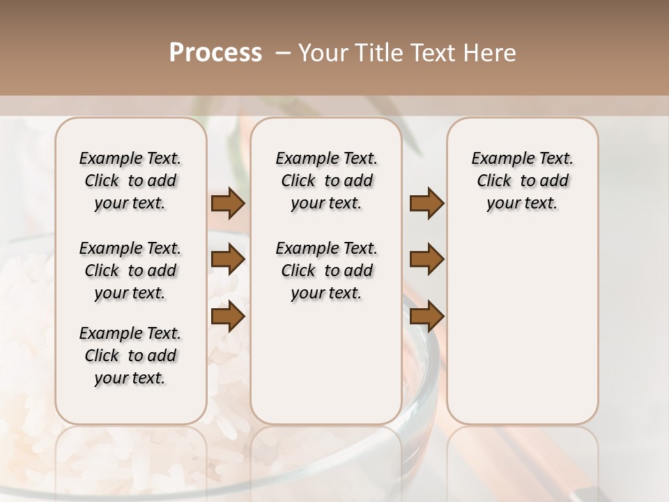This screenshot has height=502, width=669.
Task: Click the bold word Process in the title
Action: (215, 53)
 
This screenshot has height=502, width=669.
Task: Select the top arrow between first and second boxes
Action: (228, 204)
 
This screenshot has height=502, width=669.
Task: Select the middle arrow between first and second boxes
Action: (228, 260)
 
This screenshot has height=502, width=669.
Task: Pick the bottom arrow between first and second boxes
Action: (228, 317)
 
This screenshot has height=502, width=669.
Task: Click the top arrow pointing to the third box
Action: (426, 204)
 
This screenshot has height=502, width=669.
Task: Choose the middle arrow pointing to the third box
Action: (426, 260)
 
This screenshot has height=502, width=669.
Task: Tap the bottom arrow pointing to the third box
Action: (426, 317)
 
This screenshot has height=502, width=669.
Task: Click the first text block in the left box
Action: (130, 181)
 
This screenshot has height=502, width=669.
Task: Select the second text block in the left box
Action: (130, 271)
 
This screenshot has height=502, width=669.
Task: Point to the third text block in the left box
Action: (130, 356)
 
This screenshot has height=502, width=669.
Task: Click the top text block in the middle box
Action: (326, 181)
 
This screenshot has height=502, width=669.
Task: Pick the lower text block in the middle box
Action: (326, 271)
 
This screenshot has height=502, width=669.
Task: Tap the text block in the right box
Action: (522, 181)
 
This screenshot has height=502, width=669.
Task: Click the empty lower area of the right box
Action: (522, 328)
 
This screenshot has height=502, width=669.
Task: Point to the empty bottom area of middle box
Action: (326, 370)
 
